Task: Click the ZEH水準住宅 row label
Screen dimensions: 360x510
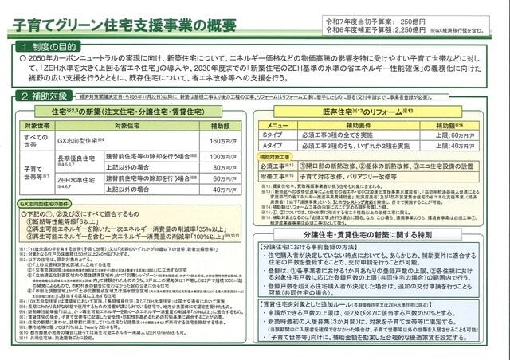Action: [76, 182]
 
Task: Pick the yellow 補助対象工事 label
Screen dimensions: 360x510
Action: [280, 158]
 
